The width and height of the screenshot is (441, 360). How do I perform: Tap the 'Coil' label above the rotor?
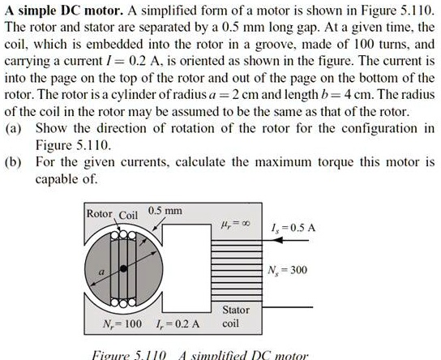(x=130, y=215)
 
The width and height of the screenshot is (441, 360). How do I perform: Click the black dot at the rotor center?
(x=122, y=267)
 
